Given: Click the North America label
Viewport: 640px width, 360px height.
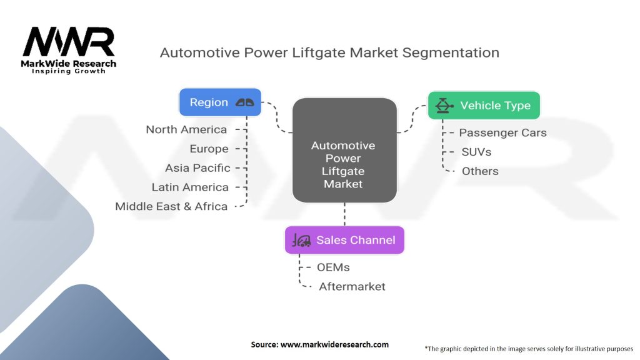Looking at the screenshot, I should tap(186, 129).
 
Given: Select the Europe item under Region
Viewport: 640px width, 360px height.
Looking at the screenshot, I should tap(209, 149).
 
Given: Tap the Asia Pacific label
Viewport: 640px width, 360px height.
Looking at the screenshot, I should tap(197, 168).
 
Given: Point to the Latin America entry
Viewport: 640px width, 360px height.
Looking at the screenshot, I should tap(190, 187).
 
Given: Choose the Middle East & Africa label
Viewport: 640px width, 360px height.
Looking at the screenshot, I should tap(171, 206).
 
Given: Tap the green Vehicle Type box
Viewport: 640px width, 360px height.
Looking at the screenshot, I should tap(483, 105).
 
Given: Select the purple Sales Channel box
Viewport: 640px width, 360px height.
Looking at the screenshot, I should tap(344, 240).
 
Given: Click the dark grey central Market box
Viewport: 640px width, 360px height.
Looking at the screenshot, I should tap(344, 150).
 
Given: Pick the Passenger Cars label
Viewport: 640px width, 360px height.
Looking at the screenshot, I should tap(502, 132).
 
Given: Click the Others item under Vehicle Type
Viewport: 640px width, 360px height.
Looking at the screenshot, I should tap(480, 171).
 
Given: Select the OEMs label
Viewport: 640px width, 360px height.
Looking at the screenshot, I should tap(334, 267).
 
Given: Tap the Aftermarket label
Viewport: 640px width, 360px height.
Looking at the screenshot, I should tap(352, 287).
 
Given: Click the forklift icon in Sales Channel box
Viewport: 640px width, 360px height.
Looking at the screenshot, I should tap(302, 241).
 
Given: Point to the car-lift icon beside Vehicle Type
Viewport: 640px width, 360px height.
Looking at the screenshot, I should tap(444, 105).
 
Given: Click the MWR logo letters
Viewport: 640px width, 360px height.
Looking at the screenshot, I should tap(69, 42).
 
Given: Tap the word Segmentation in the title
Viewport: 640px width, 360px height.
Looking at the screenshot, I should tap(451, 52).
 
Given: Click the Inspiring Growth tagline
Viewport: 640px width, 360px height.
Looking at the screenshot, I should tap(69, 71).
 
